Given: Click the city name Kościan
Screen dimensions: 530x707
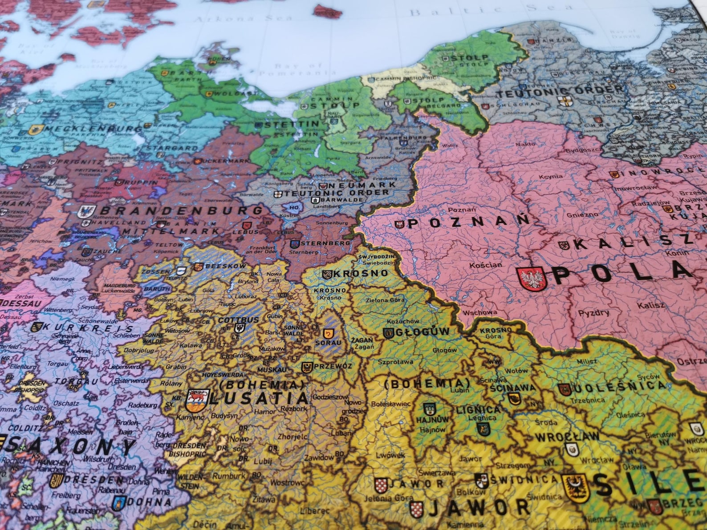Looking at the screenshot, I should click(x=485, y=265).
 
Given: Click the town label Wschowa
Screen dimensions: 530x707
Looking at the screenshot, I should click(x=479, y=312).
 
